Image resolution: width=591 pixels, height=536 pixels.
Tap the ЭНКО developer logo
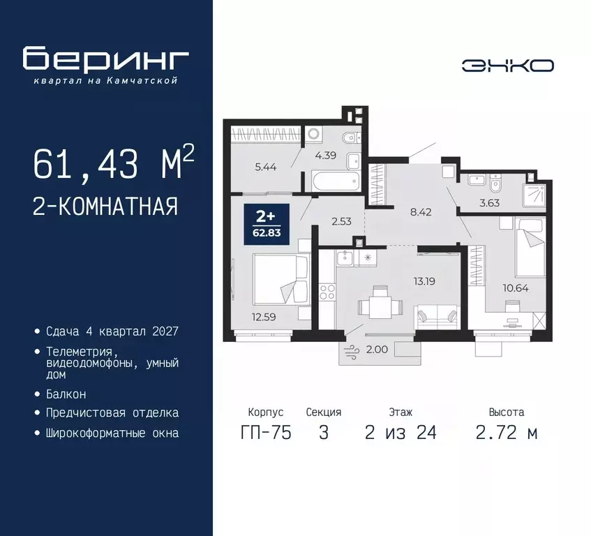[507, 66]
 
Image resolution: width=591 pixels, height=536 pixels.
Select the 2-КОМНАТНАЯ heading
[105, 206]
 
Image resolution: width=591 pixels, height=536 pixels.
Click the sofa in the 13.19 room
[437, 318]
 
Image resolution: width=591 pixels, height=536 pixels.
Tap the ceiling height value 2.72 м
[507, 433]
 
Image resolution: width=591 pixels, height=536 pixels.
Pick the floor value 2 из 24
[401, 433]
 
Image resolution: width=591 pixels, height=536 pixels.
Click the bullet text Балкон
[66, 394]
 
